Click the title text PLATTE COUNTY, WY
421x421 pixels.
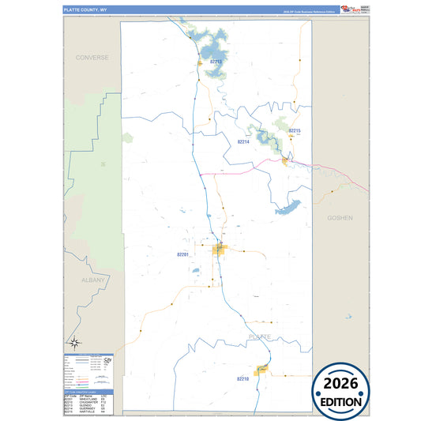click(x=86, y=10)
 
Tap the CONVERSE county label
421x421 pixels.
click(x=92, y=58)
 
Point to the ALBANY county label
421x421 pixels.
click(x=92, y=280)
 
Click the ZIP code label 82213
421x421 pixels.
click(x=216, y=61)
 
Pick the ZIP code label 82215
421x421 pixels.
click(x=295, y=130)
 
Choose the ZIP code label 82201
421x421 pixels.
click(x=183, y=254)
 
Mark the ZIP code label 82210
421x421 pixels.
click(x=242, y=379)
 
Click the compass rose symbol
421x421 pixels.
click(x=74, y=343)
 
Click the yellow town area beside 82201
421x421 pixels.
click(x=219, y=250)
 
